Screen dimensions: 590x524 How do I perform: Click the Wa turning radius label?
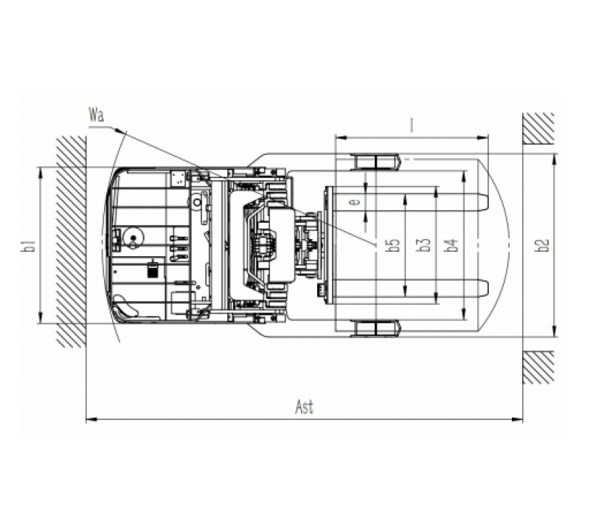(x=96, y=115)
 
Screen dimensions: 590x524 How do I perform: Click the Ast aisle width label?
(x=305, y=407)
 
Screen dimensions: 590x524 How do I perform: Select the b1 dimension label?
(x=28, y=246)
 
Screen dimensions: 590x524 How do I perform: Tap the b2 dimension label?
(x=542, y=246)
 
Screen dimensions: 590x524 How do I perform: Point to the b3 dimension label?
(x=423, y=246)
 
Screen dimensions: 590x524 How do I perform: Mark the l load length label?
(x=412, y=125)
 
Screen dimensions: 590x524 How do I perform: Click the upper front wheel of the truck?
(x=376, y=162)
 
